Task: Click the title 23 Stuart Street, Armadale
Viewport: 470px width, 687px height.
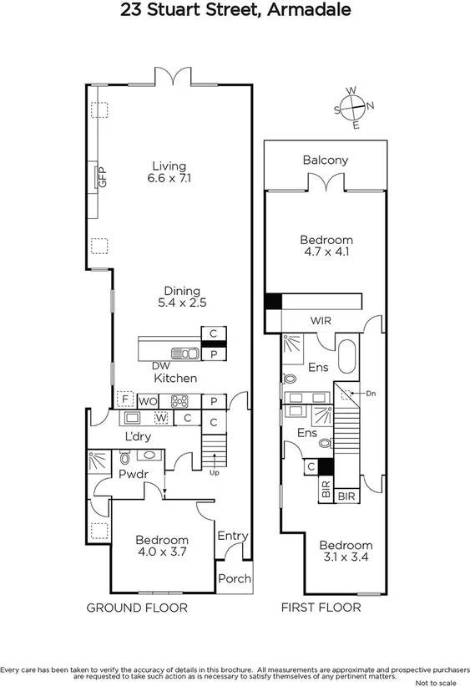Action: (x=235, y=11)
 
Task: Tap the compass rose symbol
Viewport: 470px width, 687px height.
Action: (x=354, y=106)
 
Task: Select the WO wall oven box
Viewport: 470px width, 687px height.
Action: (x=148, y=401)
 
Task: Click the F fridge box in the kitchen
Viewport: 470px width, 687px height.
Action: (x=126, y=399)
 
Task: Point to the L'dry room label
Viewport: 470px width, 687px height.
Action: (x=139, y=437)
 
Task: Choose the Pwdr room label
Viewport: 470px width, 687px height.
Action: (x=133, y=474)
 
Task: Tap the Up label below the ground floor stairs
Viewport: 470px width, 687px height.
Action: (x=215, y=472)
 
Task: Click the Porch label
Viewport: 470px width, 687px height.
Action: (x=233, y=579)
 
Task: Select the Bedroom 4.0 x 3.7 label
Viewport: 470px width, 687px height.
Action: (x=162, y=546)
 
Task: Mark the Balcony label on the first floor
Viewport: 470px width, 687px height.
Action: (x=326, y=160)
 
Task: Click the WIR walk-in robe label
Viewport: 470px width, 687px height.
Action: (x=321, y=321)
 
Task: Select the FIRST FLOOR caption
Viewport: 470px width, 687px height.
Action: (x=321, y=608)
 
